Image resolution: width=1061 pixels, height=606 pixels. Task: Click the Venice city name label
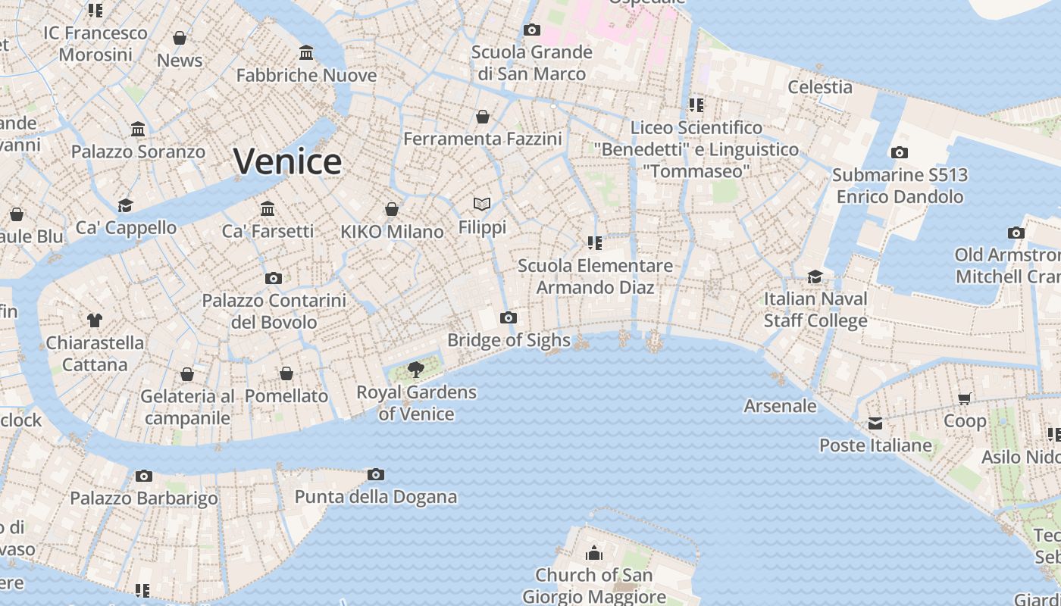(x=287, y=161)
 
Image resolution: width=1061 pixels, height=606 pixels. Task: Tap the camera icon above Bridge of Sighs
(x=509, y=317)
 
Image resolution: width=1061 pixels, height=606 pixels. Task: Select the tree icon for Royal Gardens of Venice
(x=415, y=370)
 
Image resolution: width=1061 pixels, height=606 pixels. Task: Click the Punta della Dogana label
(x=376, y=497)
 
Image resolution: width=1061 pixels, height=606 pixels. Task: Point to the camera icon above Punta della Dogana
(x=375, y=475)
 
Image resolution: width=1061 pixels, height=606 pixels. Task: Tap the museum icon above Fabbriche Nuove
(x=306, y=53)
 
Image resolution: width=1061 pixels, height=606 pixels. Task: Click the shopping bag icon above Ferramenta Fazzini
(x=483, y=117)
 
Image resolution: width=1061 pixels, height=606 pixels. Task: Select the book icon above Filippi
(x=482, y=205)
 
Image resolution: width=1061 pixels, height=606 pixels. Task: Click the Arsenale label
(x=780, y=406)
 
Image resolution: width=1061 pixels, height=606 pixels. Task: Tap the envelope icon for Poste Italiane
(x=875, y=423)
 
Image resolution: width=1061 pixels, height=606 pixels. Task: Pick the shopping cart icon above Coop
(x=965, y=398)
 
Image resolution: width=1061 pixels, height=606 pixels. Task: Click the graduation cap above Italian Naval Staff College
(x=815, y=276)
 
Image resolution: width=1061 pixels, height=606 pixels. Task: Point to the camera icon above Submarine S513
(x=900, y=153)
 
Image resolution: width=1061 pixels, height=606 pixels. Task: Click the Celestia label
(x=820, y=87)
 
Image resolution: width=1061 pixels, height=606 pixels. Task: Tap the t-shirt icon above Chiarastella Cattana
(x=95, y=320)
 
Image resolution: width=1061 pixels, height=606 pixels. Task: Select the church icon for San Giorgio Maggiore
(x=594, y=553)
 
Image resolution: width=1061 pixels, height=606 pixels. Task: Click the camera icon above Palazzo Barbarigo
(x=144, y=476)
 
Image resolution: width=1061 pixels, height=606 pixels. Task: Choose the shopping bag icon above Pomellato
(x=286, y=373)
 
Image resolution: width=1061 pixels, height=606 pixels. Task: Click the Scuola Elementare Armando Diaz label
(x=595, y=276)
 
